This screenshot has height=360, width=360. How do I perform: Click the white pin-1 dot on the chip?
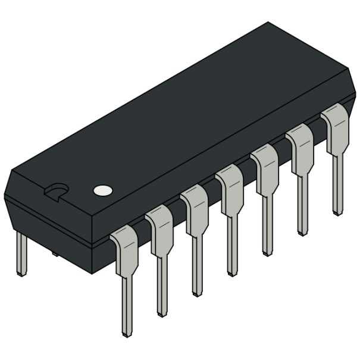[103, 190]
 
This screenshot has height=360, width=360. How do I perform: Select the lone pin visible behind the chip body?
[21, 253]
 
